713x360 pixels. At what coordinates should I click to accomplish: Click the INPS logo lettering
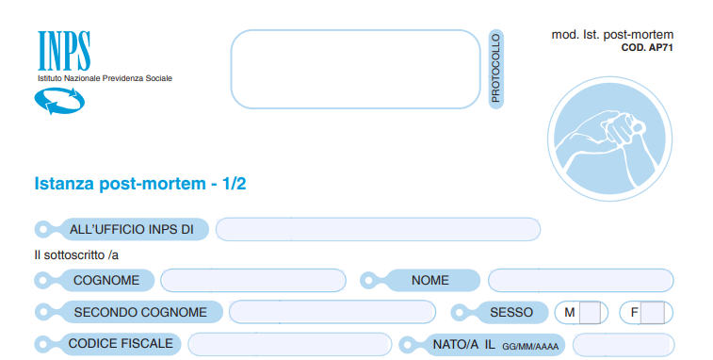tap(64, 51)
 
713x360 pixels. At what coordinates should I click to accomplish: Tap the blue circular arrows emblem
tap(59, 101)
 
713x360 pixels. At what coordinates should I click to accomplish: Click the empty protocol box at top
tap(355, 69)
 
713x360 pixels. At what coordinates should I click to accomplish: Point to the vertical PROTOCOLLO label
tap(495, 69)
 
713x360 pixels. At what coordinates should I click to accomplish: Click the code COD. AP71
tap(647, 47)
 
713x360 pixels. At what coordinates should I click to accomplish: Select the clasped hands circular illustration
tap(609, 139)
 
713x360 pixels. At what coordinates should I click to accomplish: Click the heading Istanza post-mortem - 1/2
tap(140, 184)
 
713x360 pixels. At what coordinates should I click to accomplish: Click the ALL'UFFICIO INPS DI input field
tap(378, 229)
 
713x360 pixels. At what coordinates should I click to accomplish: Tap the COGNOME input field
tap(253, 280)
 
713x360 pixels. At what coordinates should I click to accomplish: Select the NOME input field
tap(581, 280)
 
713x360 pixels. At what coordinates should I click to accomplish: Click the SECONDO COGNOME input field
tap(332, 312)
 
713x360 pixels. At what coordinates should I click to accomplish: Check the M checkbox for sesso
tap(591, 313)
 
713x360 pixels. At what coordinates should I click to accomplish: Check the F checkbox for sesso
tap(653, 313)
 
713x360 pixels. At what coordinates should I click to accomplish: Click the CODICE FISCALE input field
tap(290, 345)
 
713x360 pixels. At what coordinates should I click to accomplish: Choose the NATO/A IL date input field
tap(624, 345)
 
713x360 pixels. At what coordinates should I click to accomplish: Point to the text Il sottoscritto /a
tap(76, 254)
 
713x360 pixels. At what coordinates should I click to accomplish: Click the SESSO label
tap(511, 313)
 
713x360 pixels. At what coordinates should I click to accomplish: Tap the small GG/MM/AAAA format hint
tap(530, 347)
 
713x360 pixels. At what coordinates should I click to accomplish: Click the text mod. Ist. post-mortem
tap(612, 35)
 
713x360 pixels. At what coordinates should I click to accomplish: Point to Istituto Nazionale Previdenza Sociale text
tap(105, 78)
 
